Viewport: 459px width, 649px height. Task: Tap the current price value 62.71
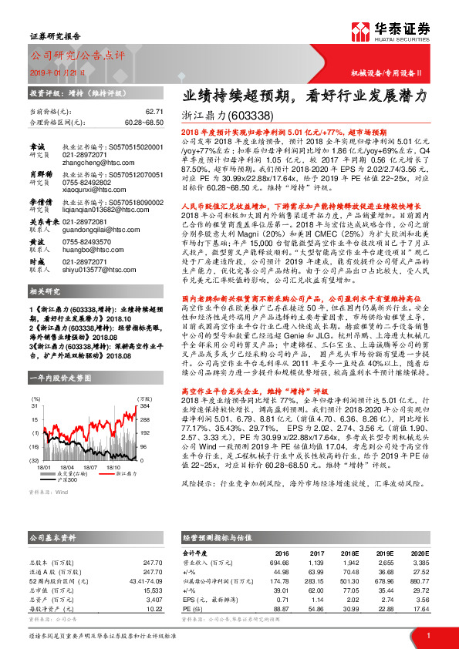155,112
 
